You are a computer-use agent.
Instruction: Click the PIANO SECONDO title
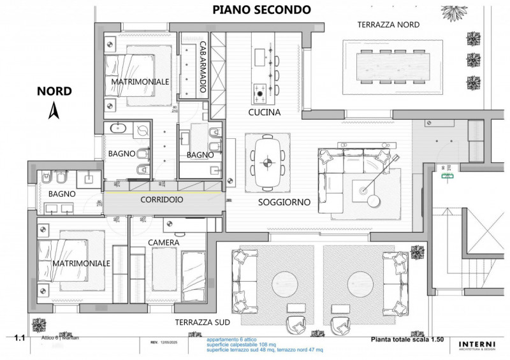(261, 10)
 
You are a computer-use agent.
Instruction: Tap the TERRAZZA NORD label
(389, 24)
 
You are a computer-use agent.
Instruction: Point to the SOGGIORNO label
(284, 202)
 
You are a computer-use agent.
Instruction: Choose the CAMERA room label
(163, 243)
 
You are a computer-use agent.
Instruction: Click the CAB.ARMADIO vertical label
(202, 68)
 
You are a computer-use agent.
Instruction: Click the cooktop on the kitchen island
(261, 93)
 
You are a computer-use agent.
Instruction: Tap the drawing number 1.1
(18, 340)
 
